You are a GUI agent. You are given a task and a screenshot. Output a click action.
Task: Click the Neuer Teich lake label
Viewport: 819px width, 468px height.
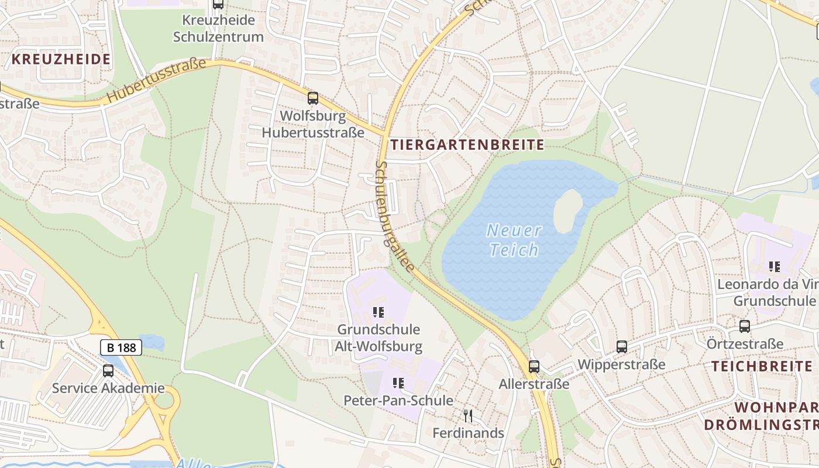click(514, 240)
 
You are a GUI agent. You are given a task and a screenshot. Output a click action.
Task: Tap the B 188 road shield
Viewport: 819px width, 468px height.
click(122, 347)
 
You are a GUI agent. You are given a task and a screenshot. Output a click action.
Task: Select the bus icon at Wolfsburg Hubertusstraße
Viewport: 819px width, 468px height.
click(313, 98)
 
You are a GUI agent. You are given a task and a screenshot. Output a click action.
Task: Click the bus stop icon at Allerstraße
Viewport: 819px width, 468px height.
click(534, 367)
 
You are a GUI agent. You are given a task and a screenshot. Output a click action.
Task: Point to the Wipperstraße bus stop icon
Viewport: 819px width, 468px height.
click(622, 347)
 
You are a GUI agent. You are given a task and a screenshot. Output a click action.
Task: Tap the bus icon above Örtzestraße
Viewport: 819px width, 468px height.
click(745, 326)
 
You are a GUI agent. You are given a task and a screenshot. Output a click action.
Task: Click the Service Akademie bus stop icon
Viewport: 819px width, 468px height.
click(108, 370)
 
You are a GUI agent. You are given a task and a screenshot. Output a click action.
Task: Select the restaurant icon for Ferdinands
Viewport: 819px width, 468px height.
click(468, 416)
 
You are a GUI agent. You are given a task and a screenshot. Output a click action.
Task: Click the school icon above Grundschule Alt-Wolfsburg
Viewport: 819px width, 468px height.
click(378, 312)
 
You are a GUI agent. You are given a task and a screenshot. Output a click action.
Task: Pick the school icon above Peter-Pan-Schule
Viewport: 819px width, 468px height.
click(398, 383)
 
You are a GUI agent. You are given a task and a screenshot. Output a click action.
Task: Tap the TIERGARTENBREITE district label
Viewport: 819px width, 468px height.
click(467, 145)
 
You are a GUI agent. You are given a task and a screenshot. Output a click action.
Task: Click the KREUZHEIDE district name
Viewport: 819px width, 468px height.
click(61, 59)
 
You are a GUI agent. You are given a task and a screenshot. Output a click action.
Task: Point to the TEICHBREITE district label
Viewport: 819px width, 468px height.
click(762, 367)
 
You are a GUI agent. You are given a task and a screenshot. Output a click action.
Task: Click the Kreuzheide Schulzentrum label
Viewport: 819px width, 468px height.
click(218, 28)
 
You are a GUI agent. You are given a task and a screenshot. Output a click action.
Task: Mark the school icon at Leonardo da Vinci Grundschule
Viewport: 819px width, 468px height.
click(775, 267)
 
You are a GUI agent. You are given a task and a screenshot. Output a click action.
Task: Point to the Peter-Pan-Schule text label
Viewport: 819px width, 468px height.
click(398, 401)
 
